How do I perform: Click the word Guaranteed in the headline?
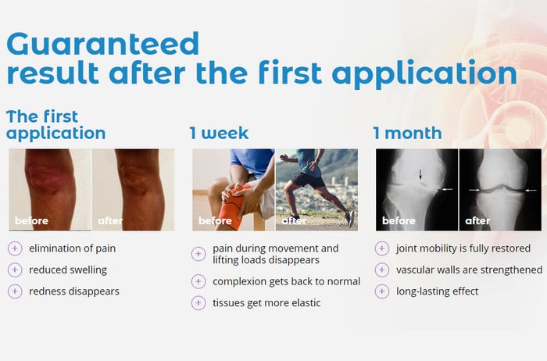(102, 44)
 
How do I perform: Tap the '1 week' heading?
(219, 133)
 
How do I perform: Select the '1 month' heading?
(407, 133)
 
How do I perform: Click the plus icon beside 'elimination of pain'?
(15, 248)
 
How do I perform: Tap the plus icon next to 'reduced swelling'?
(15, 270)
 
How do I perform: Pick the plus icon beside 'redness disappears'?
(15, 291)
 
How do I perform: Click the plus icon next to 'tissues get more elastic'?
(198, 302)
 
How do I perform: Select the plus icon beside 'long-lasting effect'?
(382, 291)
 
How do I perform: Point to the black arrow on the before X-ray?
(420, 174)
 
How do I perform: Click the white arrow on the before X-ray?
(447, 189)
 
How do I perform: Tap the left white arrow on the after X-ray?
(474, 190)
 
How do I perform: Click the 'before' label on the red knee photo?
(31, 221)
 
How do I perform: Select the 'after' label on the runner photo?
(294, 221)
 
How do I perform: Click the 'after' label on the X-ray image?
(477, 221)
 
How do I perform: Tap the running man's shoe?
(350, 219)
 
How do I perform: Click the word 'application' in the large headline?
(424, 73)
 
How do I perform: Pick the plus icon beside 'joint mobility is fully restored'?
(382, 248)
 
